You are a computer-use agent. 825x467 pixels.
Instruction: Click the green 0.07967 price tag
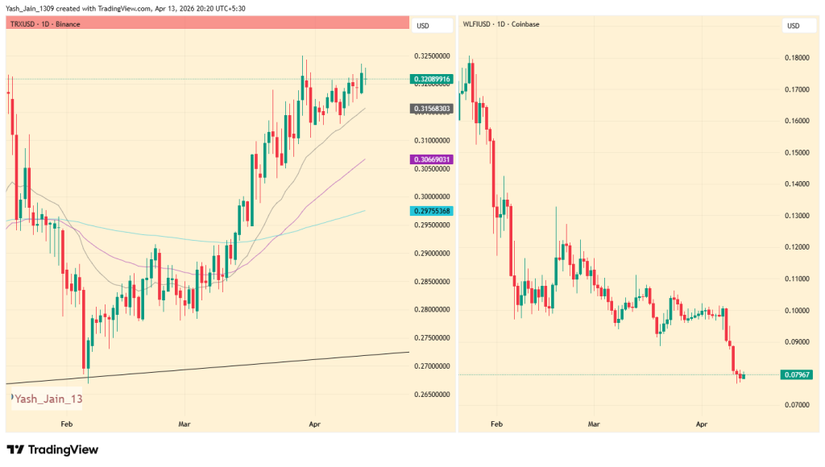pyautogui.click(x=795, y=374)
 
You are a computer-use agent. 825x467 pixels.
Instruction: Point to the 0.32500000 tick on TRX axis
pyautogui.click(x=432, y=56)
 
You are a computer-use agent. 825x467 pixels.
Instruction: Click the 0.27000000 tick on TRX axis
pyautogui.click(x=432, y=366)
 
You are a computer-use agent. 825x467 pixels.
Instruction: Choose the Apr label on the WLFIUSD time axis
pyautogui.click(x=702, y=422)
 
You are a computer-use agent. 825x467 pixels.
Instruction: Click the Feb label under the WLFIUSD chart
pyautogui.click(x=496, y=422)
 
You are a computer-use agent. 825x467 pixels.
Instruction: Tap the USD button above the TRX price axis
pyautogui.click(x=423, y=26)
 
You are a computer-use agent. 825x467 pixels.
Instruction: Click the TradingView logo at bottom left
pyautogui.click(x=52, y=449)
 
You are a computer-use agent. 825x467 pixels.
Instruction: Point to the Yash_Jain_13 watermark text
pyautogui.click(x=48, y=399)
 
